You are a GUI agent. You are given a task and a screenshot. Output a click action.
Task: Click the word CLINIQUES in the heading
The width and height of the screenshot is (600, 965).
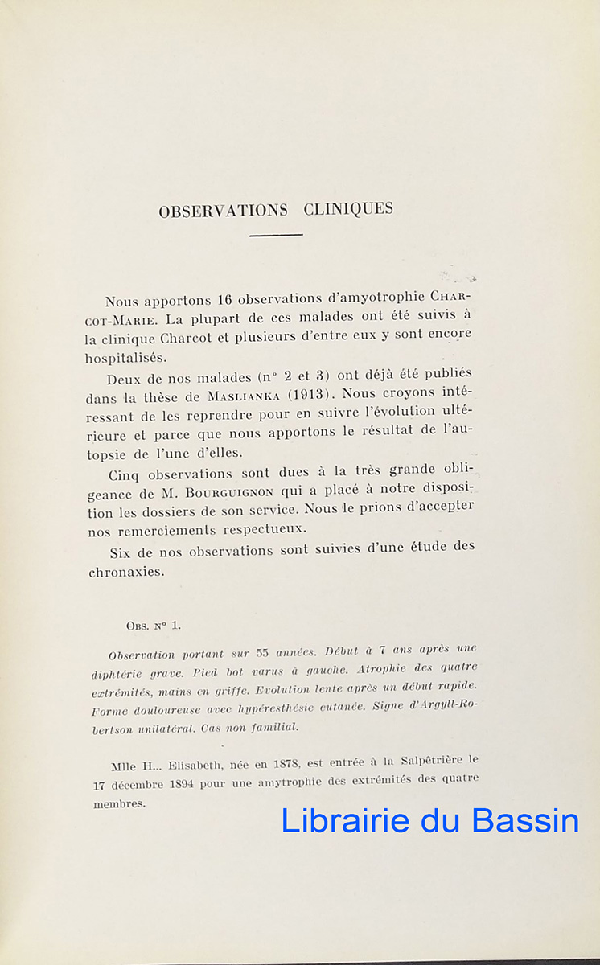[349, 209]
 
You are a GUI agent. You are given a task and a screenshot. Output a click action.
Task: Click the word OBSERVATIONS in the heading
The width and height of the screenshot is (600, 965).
[223, 211]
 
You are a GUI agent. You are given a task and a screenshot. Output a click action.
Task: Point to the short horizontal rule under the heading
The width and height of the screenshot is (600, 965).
[276, 235]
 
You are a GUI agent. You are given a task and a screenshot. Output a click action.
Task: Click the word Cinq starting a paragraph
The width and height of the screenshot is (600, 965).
[124, 474]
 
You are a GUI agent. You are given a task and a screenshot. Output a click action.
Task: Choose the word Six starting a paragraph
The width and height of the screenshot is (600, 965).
[121, 552]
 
